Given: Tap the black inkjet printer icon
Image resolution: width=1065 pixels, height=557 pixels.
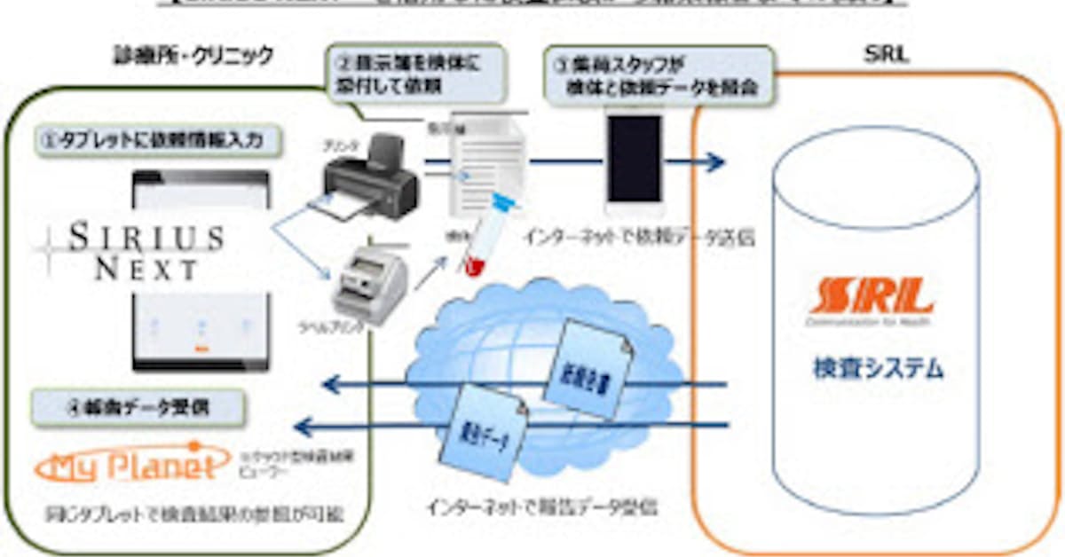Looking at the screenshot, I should tap(368, 177).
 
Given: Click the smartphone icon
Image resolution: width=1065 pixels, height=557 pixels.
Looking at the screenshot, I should tap(634, 160).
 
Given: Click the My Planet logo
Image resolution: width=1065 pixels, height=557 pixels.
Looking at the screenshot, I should tap(126, 467).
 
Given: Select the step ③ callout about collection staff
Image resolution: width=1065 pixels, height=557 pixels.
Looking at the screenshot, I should tap(658, 75).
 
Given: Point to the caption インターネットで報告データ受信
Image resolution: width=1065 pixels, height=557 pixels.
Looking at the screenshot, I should tap(545, 510).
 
